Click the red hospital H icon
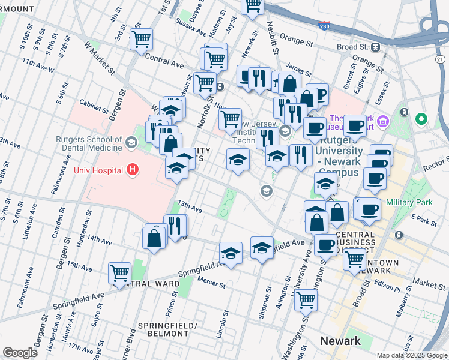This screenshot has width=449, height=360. [133, 170]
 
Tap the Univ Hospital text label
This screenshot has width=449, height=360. [97, 170]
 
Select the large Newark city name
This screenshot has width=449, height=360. [340, 341]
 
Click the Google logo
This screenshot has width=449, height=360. [20, 353]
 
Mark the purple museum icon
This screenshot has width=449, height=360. [384, 122]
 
